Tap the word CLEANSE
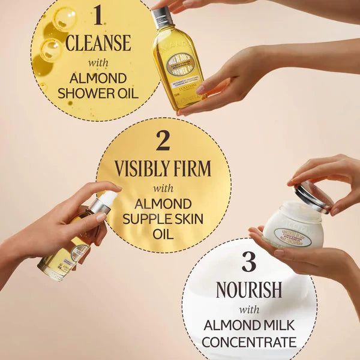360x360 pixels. pyautogui.click(x=98, y=43)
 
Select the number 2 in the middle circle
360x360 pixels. pyautogui.click(x=163, y=140)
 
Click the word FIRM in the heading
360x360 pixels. pyautogui.click(x=188, y=169)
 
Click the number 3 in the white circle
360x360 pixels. pyautogui.click(x=249, y=262)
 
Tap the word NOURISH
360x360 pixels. pyautogui.click(x=249, y=289)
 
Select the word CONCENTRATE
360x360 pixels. pyautogui.click(x=249, y=343)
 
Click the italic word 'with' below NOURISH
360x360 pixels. pyautogui.click(x=249, y=309)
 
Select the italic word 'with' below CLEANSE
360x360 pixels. pyautogui.click(x=98, y=62)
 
